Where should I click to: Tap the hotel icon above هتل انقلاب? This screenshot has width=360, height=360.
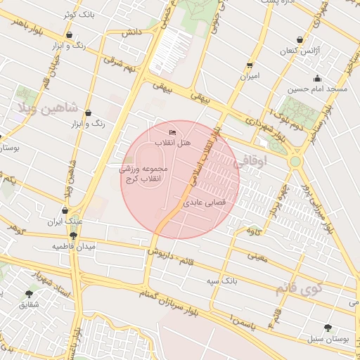tap(173, 132)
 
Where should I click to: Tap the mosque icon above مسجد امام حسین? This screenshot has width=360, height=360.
tap(317, 78)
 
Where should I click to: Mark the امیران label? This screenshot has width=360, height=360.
tap(249, 75)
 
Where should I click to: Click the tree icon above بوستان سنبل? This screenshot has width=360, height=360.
tap(328, 327)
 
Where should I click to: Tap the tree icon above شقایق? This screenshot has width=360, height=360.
tap(29, 293)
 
